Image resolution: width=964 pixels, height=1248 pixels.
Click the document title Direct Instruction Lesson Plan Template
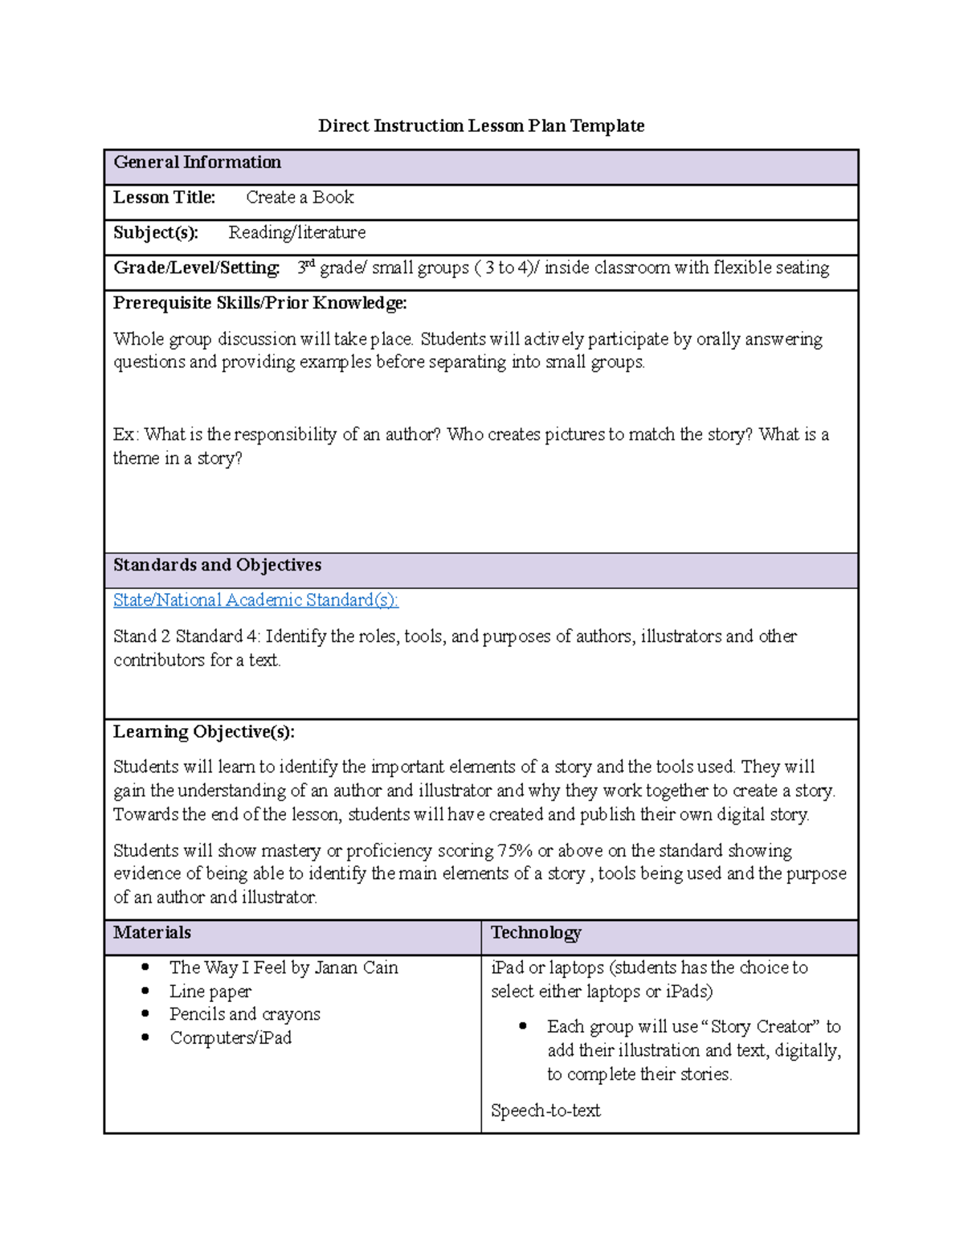click(x=481, y=126)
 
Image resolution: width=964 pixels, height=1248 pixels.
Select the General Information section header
click(x=197, y=162)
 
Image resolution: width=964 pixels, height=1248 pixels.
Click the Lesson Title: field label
click(x=164, y=198)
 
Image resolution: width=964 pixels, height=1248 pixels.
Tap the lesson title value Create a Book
click(x=300, y=198)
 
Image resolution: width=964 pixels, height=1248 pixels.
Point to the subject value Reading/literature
click(x=296, y=233)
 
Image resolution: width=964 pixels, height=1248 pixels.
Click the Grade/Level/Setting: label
click(x=196, y=268)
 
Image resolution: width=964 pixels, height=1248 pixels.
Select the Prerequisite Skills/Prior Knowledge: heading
click(x=259, y=303)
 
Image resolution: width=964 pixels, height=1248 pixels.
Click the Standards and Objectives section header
click(x=217, y=565)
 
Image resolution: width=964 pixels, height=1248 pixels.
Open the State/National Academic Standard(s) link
click(x=255, y=600)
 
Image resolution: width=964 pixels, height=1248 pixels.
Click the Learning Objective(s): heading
click(x=203, y=732)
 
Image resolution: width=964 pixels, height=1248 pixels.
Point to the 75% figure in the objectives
click(x=515, y=851)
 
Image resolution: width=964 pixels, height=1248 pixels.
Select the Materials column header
click(x=152, y=933)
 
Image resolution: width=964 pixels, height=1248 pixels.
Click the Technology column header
click(x=536, y=933)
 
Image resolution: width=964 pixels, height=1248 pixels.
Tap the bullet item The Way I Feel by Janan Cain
click(x=284, y=968)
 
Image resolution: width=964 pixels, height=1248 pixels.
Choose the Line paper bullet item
click(x=210, y=992)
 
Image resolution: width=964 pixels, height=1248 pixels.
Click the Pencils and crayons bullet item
click(x=245, y=1015)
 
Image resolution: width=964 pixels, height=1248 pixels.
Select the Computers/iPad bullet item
click(x=231, y=1038)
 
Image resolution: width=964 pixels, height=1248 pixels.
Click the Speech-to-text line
click(x=545, y=1111)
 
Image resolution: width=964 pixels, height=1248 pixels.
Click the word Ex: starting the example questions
click(x=126, y=435)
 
